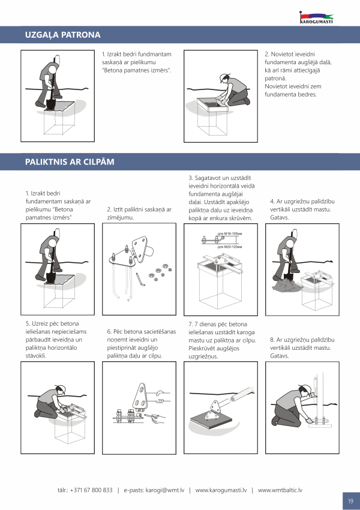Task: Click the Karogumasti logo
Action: [x=316, y=17]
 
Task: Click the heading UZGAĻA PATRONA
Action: [x=63, y=35]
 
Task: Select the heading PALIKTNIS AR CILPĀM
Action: [x=70, y=161]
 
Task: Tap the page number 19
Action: [x=350, y=501]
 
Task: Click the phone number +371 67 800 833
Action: [x=91, y=490]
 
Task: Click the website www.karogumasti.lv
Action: [x=221, y=490]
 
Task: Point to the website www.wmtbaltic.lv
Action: [x=280, y=490]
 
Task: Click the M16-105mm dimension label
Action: [x=230, y=233]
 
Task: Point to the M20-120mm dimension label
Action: [x=230, y=247]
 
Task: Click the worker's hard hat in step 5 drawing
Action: [x=61, y=389]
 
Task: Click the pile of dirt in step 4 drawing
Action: [x=285, y=286]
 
